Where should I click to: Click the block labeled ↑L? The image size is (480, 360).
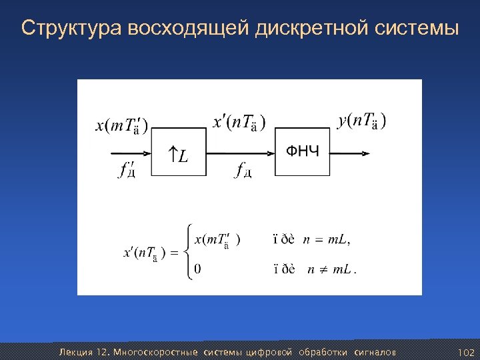[x=179, y=153]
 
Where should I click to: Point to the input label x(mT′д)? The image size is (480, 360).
[x=122, y=126]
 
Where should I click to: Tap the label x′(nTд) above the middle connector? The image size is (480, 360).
[x=238, y=122]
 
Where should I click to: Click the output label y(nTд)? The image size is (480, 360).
[x=363, y=121]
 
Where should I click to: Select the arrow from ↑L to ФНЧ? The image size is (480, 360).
[x=240, y=152]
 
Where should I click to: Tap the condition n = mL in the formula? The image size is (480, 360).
[x=327, y=239]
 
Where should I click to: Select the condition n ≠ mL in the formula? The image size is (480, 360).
[x=331, y=269]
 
